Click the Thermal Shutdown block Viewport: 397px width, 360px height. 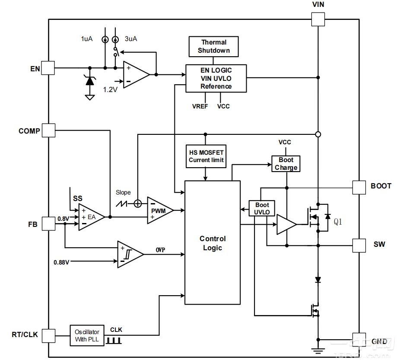214,47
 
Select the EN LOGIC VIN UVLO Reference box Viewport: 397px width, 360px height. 216,78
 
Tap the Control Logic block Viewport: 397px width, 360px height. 213,243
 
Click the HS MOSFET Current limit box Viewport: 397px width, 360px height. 206,156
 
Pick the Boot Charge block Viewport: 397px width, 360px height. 286,164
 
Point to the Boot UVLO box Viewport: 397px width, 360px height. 262,208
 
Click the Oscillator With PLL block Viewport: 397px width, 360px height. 87,336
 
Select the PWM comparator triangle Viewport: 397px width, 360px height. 159,210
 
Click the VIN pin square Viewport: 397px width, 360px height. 318,19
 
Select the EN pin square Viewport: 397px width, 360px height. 48,68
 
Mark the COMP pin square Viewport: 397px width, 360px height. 48,130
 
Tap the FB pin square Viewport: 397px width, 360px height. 48,225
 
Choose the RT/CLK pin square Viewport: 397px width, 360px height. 48,335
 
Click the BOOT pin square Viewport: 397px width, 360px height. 359,187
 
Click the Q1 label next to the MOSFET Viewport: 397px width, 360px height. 338,222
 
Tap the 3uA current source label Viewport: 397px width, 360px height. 131,39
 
